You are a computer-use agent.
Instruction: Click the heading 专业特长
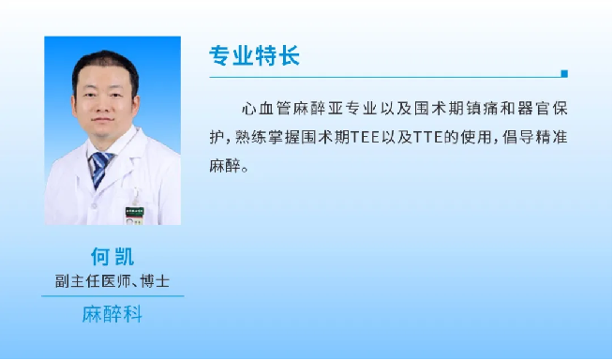[x=255, y=55]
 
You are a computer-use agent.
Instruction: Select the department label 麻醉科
[x=112, y=314]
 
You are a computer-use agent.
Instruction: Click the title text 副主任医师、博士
[x=112, y=280]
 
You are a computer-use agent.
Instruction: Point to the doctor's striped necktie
[x=99, y=169]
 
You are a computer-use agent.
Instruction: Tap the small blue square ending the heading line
[x=563, y=73]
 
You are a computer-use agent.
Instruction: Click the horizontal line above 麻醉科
[x=112, y=296]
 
